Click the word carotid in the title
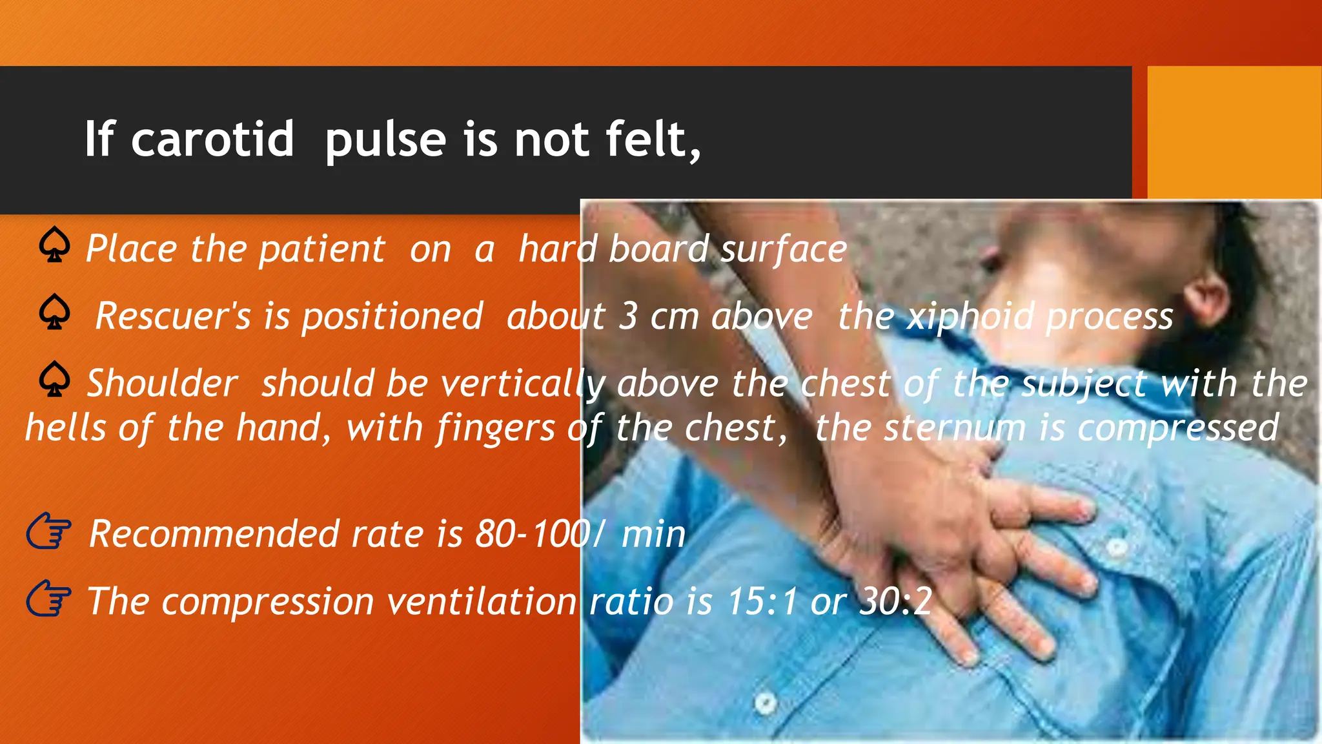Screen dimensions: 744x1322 click(212, 139)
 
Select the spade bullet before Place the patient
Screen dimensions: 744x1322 click(54, 245)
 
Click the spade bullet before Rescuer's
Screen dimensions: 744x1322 click(54, 312)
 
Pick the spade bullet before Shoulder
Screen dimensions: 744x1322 click(54, 379)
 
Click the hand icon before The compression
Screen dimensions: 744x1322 click(48, 599)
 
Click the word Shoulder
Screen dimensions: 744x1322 click(162, 384)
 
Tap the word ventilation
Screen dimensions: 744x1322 click(482, 601)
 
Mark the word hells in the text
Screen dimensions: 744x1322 click(65, 428)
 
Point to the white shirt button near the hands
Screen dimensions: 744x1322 click(1117, 548)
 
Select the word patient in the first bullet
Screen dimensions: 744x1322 click(321, 249)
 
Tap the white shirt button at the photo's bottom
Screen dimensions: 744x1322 click(766, 702)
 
